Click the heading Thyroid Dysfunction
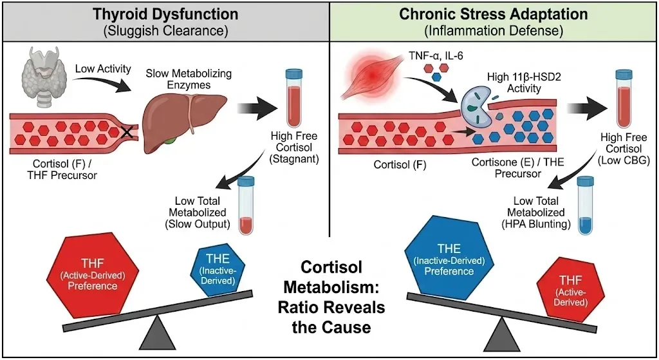pos(164,13)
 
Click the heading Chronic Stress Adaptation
pos(494,13)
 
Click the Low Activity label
pos(104,68)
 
